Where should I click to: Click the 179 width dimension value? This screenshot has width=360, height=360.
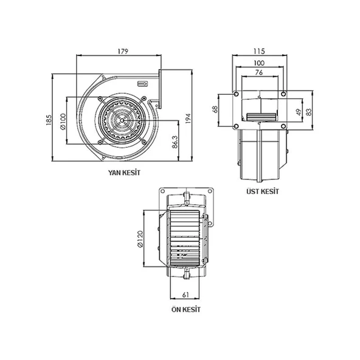click(123, 52)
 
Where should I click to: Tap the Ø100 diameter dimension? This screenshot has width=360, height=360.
click(62, 121)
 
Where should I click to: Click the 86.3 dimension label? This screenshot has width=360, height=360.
click(175, 143)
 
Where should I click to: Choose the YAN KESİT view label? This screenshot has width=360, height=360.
click(124, 173)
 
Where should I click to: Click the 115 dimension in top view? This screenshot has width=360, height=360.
click(259, 52)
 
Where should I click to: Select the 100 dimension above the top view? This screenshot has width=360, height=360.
click(259, 63)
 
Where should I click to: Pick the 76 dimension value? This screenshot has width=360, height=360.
click(259, 73)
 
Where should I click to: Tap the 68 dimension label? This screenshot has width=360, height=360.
click(215, 110)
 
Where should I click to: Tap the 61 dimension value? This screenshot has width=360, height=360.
click(185, 295)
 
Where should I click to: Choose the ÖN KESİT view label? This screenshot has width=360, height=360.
click(185, 310)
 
